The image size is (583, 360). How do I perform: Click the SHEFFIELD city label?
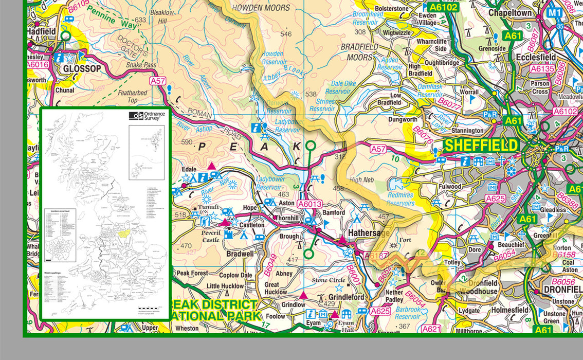coord(481,145)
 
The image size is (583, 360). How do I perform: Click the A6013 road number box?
coord(310,204)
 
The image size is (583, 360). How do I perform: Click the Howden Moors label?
coord(261,8)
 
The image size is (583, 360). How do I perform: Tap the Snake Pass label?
coord(141,66)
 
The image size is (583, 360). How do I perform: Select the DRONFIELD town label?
coord(562,290)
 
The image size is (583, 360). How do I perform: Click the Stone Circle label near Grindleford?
coord(330,281)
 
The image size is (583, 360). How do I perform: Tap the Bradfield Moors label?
coord(359,52)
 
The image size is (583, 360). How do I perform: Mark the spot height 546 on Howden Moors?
coord(286,34)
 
